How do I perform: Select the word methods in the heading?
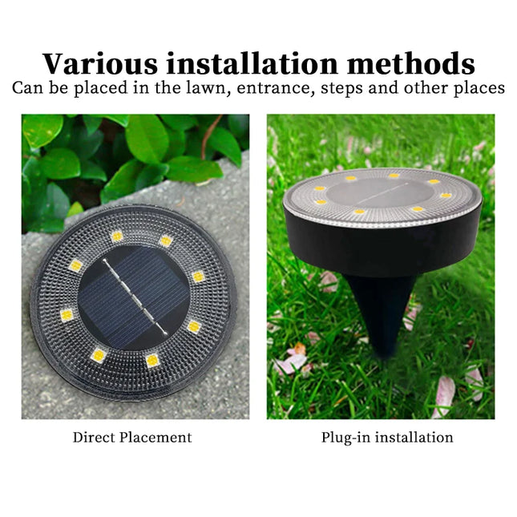(x=406, y=63)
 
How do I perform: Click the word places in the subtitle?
(x=480, y=88)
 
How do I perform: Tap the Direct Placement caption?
(x=132, y=438)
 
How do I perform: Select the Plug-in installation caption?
(x=387, y=438)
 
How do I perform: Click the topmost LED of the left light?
(x=117, y=236)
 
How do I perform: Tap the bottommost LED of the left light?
(x=152, y=361)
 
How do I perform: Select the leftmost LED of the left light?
(x=67, y=315)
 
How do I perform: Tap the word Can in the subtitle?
(x=27, y=87)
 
